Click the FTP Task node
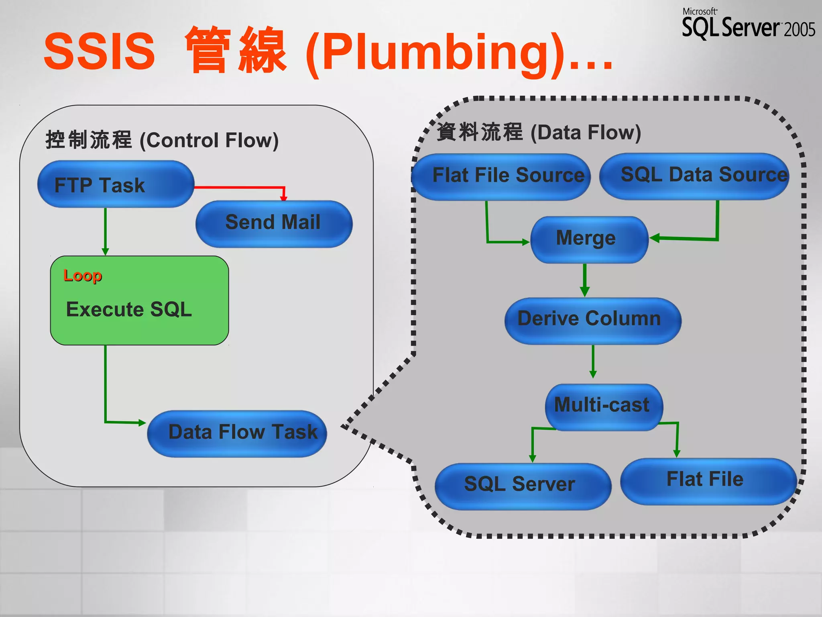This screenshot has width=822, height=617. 116,184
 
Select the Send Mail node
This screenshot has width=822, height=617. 274,224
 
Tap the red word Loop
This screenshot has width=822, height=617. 83,276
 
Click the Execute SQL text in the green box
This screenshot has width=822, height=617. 129,309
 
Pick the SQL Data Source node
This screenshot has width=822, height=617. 694,176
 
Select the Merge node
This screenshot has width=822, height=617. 589,239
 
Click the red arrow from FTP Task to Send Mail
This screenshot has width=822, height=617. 241,187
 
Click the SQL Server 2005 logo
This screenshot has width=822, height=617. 748,24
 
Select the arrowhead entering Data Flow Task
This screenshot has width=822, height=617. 142,423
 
